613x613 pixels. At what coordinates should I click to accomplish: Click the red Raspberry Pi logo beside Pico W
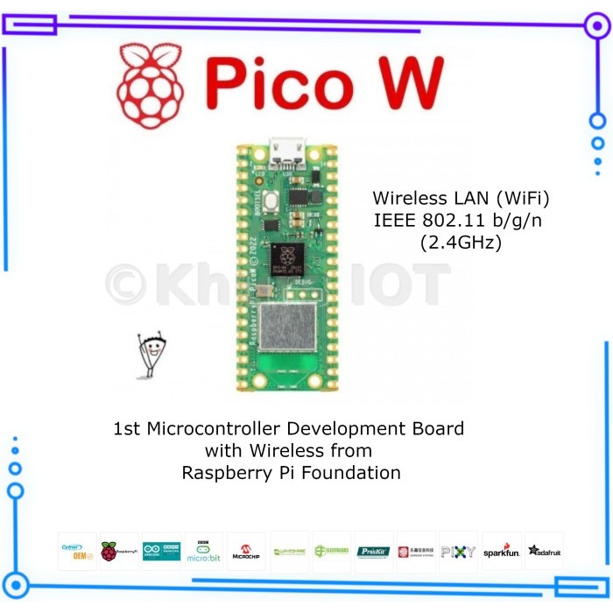(151, 86)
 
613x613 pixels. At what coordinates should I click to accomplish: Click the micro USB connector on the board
(286, 151)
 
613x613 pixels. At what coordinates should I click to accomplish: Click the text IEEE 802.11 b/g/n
(458, 221)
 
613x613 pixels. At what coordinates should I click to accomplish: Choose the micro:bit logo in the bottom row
(204, 551)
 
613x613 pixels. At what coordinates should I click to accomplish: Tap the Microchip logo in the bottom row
(246, 552)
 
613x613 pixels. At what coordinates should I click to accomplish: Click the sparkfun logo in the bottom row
(502, 552)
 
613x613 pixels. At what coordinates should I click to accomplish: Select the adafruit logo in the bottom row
(544, 551)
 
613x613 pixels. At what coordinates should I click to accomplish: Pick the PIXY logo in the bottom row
(458, 552)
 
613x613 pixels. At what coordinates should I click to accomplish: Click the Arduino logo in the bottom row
(161, 551)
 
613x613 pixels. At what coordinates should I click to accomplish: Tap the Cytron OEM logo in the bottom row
(77, 551)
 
